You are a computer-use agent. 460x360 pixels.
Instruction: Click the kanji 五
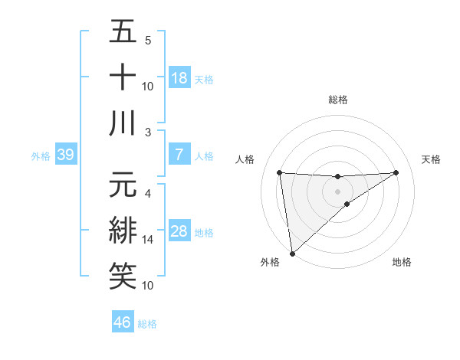[x=123, y=34]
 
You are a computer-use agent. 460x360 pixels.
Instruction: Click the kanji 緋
[x=123, y=231]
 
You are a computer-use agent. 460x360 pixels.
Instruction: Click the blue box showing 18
[x=179, y=78]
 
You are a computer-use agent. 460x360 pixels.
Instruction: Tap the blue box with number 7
[x=179, y=155]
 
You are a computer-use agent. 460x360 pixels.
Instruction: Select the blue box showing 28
[x=179, y=232]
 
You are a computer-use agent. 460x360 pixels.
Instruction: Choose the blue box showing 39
[x=65, y=155]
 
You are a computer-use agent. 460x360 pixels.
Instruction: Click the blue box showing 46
[x=123, y=322]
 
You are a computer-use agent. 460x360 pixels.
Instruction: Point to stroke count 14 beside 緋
[x=148, y=240]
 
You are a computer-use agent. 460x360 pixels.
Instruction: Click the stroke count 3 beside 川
[x=148, y=133]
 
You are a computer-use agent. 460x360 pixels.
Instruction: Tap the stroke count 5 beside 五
[x=148, y=41]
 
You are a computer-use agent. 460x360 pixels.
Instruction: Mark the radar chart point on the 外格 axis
[x=292, y=254]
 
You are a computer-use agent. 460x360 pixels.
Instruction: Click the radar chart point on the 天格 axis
[x=396, y=172]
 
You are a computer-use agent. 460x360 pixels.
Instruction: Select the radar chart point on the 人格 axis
[x=279, y=172]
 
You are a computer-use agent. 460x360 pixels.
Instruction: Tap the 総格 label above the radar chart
[x=337, y=100]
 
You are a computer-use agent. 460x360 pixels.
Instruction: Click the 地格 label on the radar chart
[x=402, y=263]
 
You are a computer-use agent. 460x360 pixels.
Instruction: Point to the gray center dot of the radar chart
[x=337, y=191]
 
